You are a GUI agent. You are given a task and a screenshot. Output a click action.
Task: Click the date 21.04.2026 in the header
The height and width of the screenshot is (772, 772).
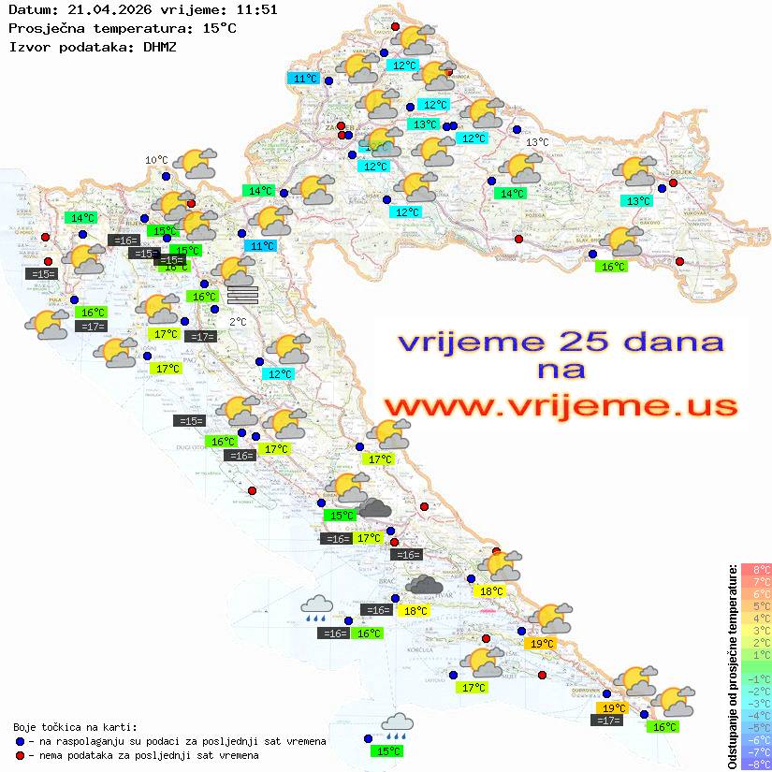tap(99, 9)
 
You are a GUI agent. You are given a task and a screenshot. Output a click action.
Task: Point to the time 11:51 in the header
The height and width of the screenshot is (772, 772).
tap(256, 9)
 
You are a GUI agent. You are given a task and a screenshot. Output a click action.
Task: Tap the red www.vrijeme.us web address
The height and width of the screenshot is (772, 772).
tap(560, 405)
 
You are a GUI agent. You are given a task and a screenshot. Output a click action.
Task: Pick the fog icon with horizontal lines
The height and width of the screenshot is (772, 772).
tap(241, 295)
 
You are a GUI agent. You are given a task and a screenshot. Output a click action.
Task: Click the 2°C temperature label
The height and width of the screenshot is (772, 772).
tap(238, 321)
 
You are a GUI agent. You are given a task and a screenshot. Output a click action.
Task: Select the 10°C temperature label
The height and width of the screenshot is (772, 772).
tap(155, 160)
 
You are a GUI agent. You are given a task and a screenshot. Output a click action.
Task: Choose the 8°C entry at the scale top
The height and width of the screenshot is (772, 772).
tap(756, 569)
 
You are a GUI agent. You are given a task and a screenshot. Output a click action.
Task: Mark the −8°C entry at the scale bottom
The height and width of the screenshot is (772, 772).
tap(755, 764)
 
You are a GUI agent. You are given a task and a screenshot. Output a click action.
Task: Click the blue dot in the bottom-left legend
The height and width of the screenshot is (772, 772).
tap(20, 741)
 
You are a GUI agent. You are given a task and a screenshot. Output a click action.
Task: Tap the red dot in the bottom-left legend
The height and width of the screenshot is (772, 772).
tap(20, 755)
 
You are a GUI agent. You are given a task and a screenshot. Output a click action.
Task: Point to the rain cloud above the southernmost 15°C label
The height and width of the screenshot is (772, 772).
tap(397, 726)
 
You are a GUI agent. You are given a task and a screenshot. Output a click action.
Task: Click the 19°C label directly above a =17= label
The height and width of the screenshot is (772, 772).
tap(613, 707)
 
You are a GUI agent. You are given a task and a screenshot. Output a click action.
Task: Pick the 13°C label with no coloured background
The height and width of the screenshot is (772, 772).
tap(537, 142)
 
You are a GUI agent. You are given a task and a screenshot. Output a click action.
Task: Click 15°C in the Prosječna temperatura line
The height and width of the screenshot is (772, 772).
tap(220, 28)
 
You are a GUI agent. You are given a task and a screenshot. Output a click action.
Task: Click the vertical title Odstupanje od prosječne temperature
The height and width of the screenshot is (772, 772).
tap(732, 666)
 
